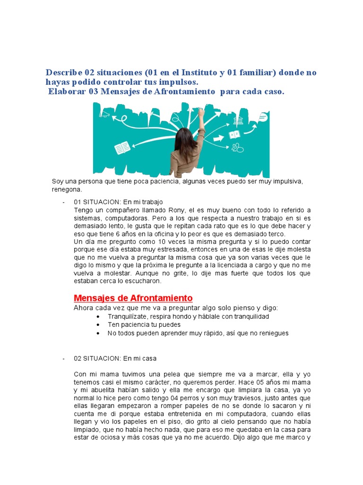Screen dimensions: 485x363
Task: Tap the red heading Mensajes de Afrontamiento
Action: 133,298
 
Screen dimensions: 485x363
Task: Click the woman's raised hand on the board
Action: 201,113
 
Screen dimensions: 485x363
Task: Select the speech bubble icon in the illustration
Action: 263,117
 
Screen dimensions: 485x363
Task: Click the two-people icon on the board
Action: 237,147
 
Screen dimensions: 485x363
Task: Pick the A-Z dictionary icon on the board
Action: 234,135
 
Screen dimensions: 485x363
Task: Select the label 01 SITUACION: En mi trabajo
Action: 118,202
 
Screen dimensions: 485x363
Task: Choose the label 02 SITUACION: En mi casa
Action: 115,358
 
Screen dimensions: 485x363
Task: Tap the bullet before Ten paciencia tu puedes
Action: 97,325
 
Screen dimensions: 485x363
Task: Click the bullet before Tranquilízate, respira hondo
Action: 97,316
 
